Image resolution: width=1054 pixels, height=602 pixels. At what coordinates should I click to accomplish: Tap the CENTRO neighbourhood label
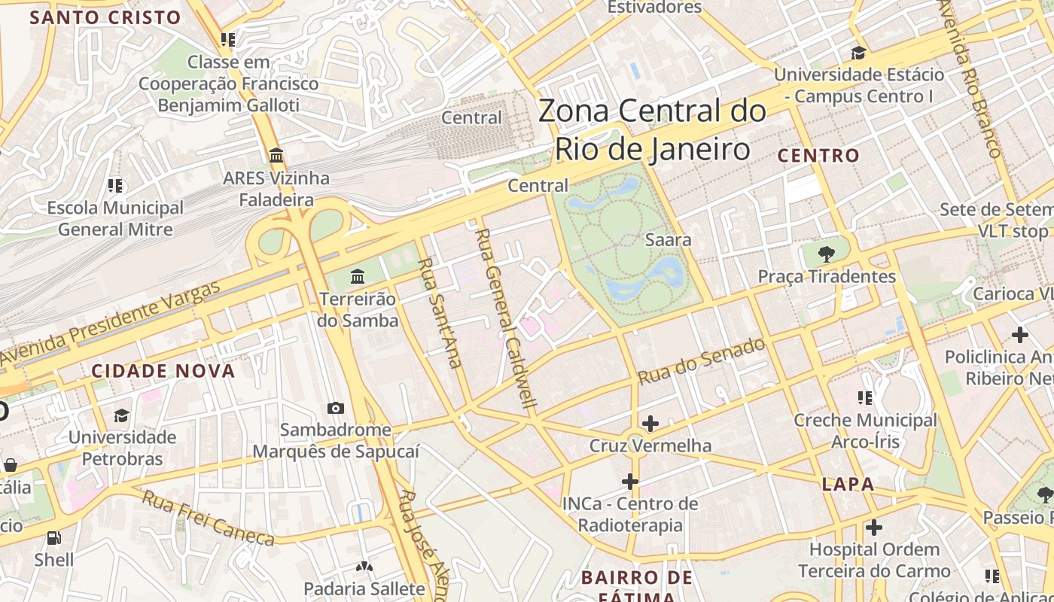click(818, 156)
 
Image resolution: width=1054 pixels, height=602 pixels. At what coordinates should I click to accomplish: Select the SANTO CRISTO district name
click(105, 17)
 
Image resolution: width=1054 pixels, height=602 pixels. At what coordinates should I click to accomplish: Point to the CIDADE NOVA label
click(163, 371)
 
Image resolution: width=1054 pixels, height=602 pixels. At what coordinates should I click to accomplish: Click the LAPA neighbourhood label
click(848, 484)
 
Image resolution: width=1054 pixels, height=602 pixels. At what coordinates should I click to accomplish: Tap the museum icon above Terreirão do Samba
click(358, 276)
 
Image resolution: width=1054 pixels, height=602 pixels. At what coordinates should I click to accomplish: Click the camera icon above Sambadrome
click(336, 408)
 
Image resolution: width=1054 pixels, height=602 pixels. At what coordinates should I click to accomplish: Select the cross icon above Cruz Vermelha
click(650, 424)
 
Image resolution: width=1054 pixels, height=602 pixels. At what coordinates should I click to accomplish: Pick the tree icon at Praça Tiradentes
click(827, 254)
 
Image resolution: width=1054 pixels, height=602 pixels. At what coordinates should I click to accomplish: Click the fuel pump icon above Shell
click(53, 537)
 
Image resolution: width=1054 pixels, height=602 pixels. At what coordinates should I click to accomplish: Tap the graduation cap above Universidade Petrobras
click(122, 415)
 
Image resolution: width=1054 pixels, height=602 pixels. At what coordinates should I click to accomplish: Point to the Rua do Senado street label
click(701, 362)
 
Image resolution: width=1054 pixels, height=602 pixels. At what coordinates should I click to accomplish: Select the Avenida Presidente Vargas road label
click(113, 323)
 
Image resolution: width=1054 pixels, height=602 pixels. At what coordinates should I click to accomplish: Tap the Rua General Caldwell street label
click(507, 318)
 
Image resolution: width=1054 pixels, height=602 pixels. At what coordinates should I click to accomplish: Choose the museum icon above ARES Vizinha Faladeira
click(276, 156)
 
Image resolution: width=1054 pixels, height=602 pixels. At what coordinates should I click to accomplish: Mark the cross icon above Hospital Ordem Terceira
click(873, 527)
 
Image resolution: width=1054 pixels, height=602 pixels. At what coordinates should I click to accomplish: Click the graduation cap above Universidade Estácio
click(858, 53)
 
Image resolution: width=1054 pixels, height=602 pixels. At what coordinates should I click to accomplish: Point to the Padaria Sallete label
click(364, 588)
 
